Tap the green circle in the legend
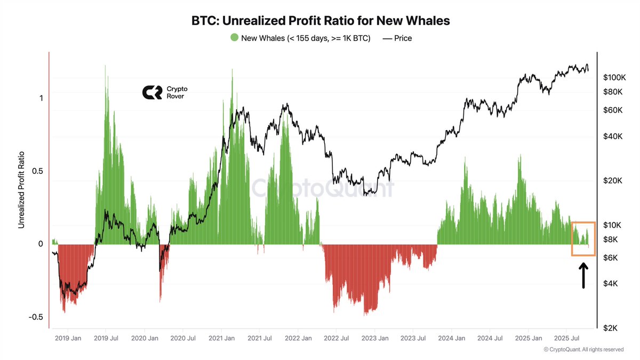point(234,38)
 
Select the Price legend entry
point(397,38)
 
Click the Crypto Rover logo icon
point(151,92)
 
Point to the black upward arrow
point(583,277)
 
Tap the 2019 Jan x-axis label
point(68,338)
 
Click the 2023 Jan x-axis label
point(375,338)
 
